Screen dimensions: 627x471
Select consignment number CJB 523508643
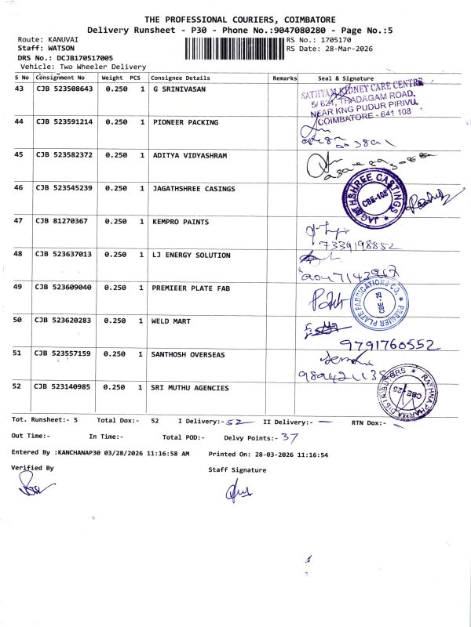(64, 89)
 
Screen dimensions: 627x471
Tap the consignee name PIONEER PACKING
(185, 122)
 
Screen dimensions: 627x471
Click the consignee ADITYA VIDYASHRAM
(189, 155)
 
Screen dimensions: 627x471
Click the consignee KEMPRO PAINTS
(181, 222)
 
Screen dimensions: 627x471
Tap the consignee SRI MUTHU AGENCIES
(190, 388)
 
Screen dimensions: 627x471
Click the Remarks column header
(284, 78)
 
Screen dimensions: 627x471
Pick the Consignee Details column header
(181, 78)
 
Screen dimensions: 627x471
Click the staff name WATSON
(65, 48)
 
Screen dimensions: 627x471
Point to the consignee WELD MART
(171, 321)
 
